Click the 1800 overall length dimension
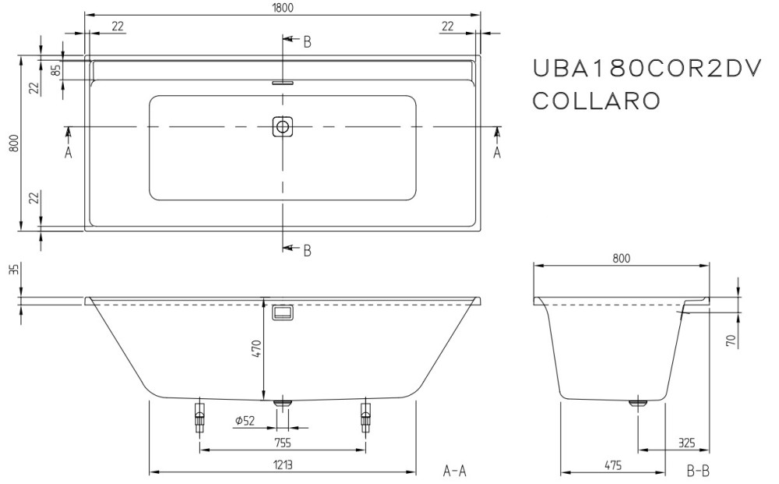pos(283,8)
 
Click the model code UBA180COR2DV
pos(647,68)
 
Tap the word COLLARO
pos(597,101)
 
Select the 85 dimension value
pos(56,70)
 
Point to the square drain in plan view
pos(283,126)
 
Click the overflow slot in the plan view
pos(283,83)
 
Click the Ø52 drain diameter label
pos(245,421)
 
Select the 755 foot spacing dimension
pos(282,443)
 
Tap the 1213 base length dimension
pos(282,465)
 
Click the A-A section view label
pos(455,470)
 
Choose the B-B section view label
pos(698,470)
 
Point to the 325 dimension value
pos(686,442)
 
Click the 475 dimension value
pos(613,465)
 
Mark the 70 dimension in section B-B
pos(731,341)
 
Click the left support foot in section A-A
pos(199,416)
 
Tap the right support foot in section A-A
pos(366,416)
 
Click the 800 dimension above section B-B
pos(621,259)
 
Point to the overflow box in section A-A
pos(283,312)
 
